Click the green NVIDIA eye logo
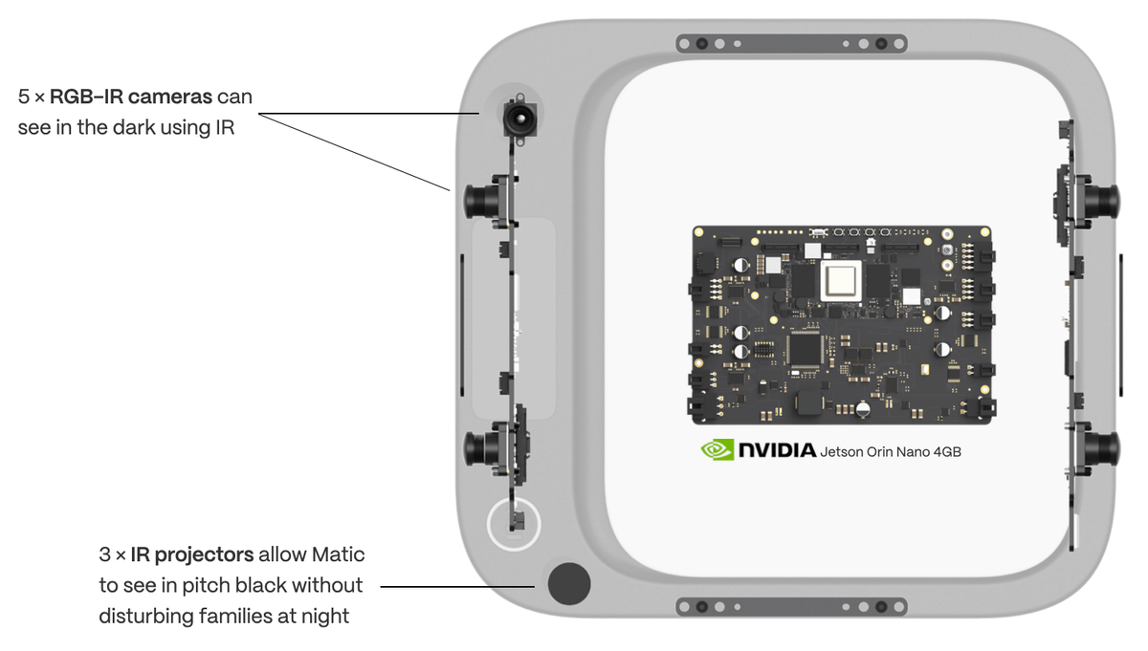tap(717, 449)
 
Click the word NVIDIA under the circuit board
tap(778, 450)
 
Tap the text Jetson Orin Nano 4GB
tap(891, 452)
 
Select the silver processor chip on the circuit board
tap(841, 281)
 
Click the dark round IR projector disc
tap(569, 583)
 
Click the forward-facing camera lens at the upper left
tap(519, 119)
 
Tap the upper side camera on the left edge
tap(484, 202)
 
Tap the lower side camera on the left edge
tap(484, 447)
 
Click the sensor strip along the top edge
tap(791, 44)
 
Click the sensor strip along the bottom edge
tap(791, 607)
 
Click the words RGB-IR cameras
tap(131, 97)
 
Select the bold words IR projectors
tap(191, 554)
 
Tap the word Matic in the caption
tap(338, 554)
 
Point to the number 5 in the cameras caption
tap(24, 97)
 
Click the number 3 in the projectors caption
tap(104, 554)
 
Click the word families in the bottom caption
tap(235, 616)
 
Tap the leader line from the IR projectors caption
tap(457, 586)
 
